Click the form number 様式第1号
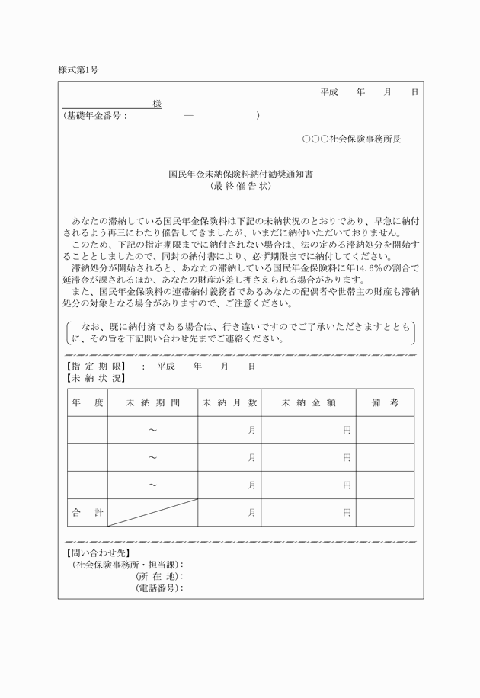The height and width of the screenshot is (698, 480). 78,69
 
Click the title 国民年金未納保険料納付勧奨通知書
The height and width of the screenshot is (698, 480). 240,174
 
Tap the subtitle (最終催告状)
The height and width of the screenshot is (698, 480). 240,185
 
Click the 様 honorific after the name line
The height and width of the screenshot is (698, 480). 157,104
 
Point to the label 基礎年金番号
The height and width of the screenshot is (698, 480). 94,116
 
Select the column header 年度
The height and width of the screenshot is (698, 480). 87,402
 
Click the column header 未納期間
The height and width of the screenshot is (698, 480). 152,402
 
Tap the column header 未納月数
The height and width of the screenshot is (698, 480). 229,402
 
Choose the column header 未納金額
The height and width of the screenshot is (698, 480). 309,402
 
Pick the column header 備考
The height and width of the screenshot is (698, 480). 385,402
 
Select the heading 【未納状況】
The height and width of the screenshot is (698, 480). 93,378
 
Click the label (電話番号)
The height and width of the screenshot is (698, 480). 159,588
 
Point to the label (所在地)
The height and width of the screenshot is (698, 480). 159,577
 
